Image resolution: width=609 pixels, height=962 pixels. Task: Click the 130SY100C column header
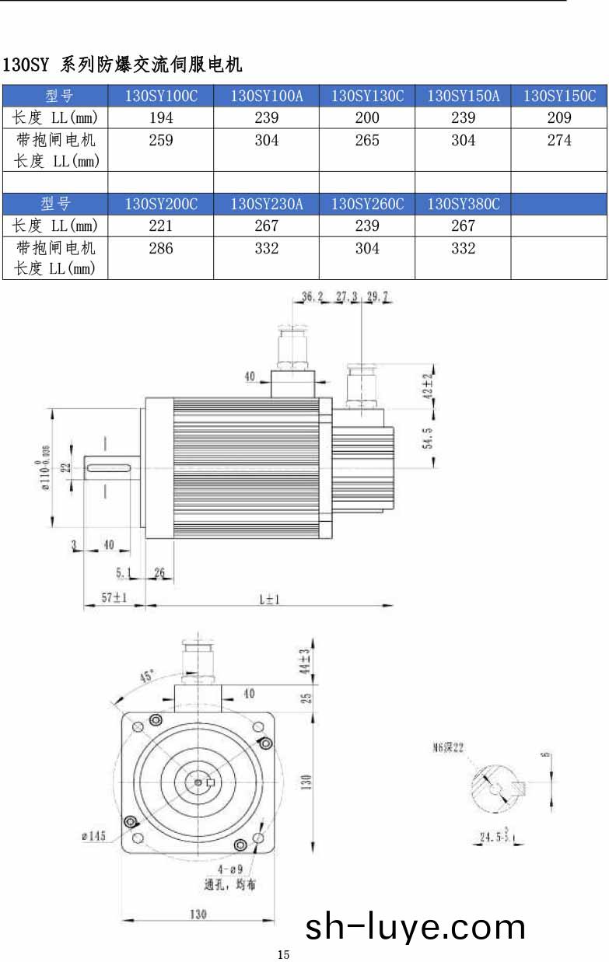pos(161,96)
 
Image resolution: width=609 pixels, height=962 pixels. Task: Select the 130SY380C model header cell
pos(463,204)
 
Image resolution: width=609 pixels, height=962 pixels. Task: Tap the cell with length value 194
pos(161,118)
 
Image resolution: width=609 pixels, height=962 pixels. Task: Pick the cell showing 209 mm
pos(559,118)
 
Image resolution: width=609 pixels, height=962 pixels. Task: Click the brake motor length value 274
pos(559,141)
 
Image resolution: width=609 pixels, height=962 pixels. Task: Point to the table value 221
pos(161,226)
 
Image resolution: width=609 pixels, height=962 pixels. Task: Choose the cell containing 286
pos(161,249)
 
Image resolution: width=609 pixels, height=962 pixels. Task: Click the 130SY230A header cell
pos(266,204)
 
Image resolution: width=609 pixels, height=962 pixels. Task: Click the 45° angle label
pos(146,677)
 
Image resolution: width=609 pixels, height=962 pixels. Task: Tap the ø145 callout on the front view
pos(93,836)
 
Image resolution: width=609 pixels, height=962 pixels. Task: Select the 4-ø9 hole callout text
pos(231,869)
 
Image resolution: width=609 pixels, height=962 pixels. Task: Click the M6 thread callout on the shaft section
pos(449,747)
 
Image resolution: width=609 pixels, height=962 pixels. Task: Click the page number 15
pos(283,954)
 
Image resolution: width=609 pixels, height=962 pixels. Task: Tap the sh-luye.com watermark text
pos(415,927)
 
